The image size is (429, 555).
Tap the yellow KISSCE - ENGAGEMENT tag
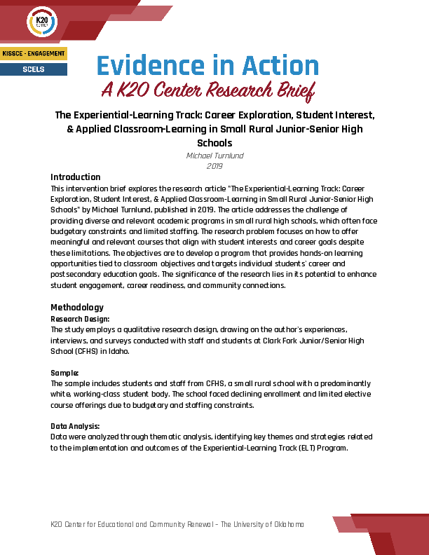(x=34, y=54)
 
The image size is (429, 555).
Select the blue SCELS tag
(x=34, y=69)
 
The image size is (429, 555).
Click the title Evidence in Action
(x=207, y=67)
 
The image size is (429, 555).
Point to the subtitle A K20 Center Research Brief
(x=207, y=90)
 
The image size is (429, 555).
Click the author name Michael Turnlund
(x=214, y=156)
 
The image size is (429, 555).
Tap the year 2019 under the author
(x=214, y=166)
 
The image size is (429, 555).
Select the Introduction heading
(x=76, y=177)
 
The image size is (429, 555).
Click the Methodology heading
(x=77, y=307)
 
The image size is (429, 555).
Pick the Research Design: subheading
(x=80, y=319)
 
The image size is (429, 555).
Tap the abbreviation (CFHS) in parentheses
(x=84, y=351)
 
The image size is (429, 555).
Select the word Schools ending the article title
(x=214, y=143)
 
